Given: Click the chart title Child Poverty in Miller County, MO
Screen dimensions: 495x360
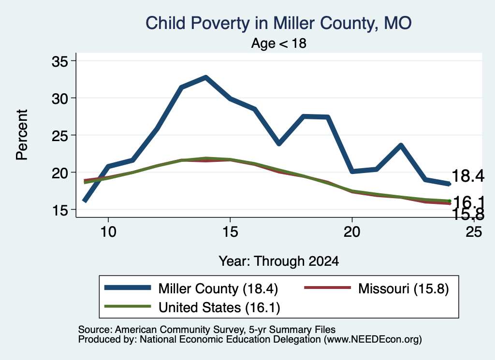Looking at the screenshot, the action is click(278, 23).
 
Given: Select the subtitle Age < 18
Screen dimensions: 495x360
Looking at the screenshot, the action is click(279, 43).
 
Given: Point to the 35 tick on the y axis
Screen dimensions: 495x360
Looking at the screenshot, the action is click(59, 61).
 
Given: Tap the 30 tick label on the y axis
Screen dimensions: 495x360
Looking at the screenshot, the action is click(59, 98).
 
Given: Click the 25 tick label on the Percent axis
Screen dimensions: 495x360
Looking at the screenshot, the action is click(59, 135).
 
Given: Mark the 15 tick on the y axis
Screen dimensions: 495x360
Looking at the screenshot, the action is click(59, 210).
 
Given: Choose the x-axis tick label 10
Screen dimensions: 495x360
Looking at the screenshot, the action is click(108, 231).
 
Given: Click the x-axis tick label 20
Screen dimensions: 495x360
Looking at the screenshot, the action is click(352, 231).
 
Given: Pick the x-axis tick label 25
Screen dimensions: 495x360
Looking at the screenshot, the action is click(474, 231).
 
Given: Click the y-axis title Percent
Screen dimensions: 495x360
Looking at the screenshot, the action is click(22, 135).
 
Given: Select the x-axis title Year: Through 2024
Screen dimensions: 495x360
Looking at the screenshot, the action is click(279, 261).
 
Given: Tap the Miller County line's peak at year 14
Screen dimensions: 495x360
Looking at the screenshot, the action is click(206, 77).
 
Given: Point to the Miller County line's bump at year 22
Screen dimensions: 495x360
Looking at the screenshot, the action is click(401, 145).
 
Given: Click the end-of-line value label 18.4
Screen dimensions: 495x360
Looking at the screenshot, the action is click(468, 175).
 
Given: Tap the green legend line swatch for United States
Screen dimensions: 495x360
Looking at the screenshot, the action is click(128, 306).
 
